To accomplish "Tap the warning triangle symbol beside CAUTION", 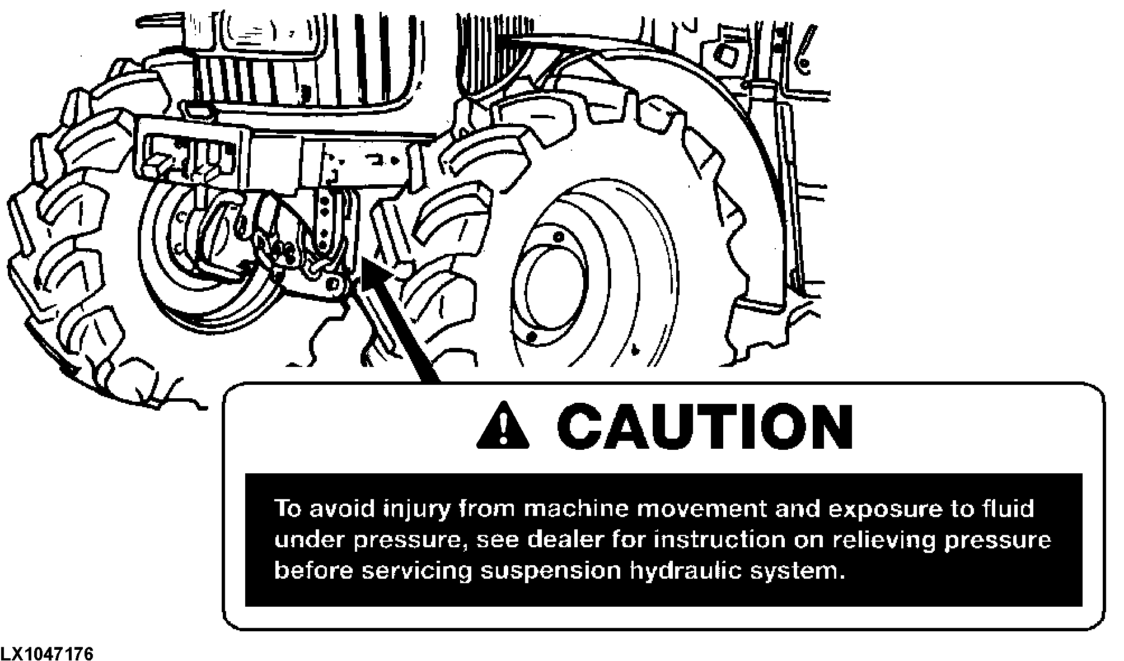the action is point(503,425).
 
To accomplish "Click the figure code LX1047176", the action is point(47,654).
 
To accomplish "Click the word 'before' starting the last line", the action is point(313,571).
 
